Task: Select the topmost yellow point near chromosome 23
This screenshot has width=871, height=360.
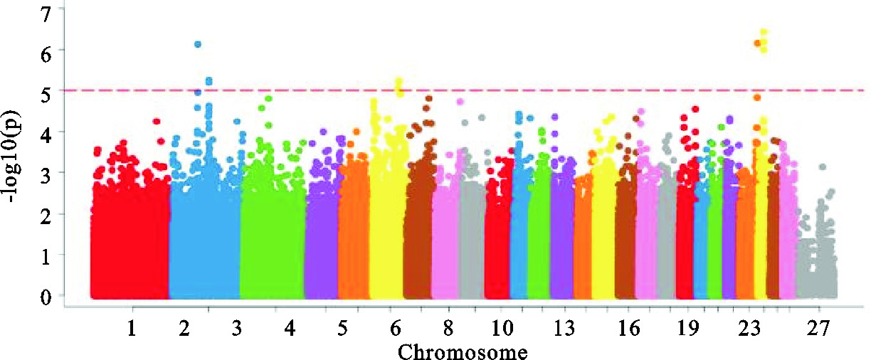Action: [764, 32]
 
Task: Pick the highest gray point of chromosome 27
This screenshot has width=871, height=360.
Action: [822, 167]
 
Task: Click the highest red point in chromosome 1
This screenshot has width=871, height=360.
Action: [157, 122]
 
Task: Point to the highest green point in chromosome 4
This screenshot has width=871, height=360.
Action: [269, 99]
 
